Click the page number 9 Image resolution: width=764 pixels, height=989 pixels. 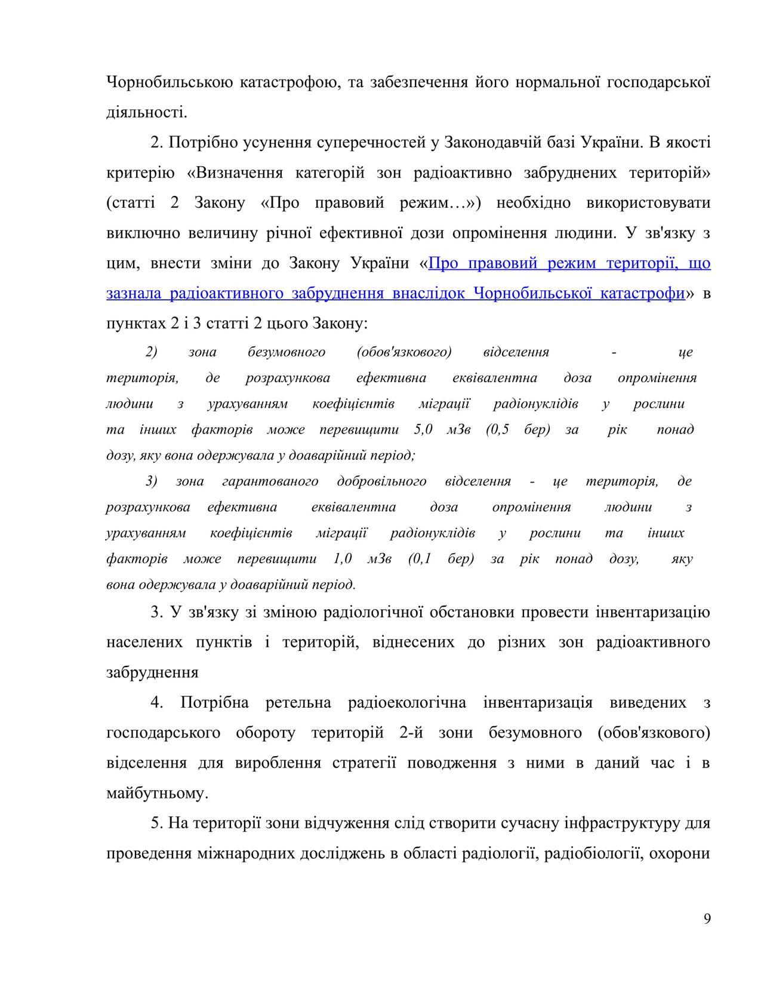pyautogui.click(x=707, y=919)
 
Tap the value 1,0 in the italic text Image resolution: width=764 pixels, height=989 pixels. pyautogui.click(x=343, y=558)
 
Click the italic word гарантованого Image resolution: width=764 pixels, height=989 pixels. pyautogui.click(x=270, y=481)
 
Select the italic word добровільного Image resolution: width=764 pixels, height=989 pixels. pyautogui.click(x=381, y=481)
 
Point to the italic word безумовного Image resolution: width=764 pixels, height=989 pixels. pyautogui.click(x=286, y=352)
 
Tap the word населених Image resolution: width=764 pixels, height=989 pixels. pyautogui.click(x=144, y=642)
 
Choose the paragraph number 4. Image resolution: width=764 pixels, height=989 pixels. pyautogui.click(x=156, y=702)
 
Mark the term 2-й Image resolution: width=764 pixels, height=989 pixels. pyautogui.click(x=411, y=732)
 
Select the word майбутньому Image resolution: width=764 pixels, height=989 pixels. pyautogui.click(x=157, y=793)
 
